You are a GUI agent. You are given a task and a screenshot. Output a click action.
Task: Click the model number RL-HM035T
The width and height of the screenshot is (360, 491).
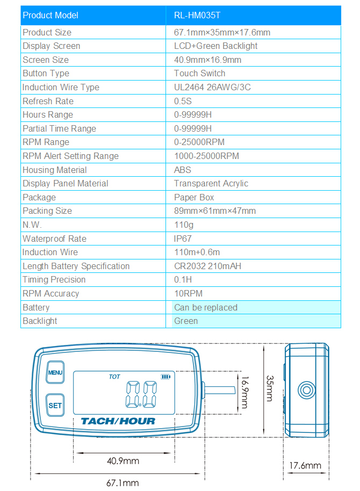[197, 15]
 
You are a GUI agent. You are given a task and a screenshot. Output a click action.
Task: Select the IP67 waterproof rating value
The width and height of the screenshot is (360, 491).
[183, 239]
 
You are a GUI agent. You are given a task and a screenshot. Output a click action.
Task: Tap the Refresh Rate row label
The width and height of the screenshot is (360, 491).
[48, 101]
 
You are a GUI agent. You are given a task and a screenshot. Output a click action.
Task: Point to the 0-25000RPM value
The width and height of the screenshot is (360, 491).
[199, 142]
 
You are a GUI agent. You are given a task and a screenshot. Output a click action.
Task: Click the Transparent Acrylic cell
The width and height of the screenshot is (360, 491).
[211, 184]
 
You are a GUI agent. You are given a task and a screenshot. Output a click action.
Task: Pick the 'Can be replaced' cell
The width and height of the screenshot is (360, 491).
[206, 307]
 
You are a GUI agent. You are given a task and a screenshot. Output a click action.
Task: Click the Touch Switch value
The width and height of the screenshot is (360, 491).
[200, 74]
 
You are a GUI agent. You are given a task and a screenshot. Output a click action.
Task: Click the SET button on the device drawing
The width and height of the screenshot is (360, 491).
[55, 406]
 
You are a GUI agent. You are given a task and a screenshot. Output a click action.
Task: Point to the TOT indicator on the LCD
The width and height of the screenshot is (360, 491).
[114, 377]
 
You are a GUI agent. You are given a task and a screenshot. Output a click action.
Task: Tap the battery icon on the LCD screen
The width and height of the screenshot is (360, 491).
[164, 377]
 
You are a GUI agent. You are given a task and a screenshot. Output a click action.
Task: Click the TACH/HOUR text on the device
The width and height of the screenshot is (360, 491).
[118, 422]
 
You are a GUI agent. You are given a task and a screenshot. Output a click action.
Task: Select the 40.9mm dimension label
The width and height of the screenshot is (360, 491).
[123, 461]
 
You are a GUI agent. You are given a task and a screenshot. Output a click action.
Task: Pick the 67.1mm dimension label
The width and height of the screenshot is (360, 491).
[123, 482]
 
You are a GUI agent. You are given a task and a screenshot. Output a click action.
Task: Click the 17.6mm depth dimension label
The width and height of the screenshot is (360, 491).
[305, 466]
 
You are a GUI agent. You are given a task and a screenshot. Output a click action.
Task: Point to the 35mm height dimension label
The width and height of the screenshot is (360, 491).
[270, 388]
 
